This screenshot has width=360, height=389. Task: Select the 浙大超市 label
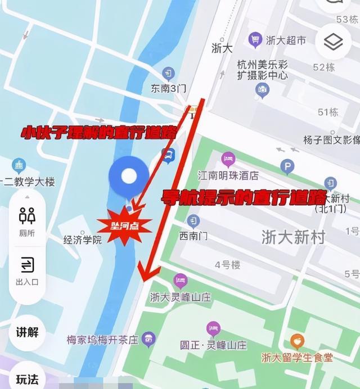click(x=286, y=40)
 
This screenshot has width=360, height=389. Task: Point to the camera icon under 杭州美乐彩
click(x=262, y=89)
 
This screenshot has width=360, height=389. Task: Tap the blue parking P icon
click(x=287, y=166)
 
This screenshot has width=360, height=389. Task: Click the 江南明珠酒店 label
click(x=228, y=176)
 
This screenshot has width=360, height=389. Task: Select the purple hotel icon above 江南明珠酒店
click(x=228, y=159)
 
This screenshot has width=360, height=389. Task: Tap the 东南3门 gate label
click(x=168, y=88)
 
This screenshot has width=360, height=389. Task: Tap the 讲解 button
click(x=27, y=332)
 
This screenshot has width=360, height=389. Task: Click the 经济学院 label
click(x=83, y=240)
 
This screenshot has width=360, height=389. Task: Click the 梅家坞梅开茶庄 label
click(x=102, y=340)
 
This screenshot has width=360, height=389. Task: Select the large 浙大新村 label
click(x=293, y=237)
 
